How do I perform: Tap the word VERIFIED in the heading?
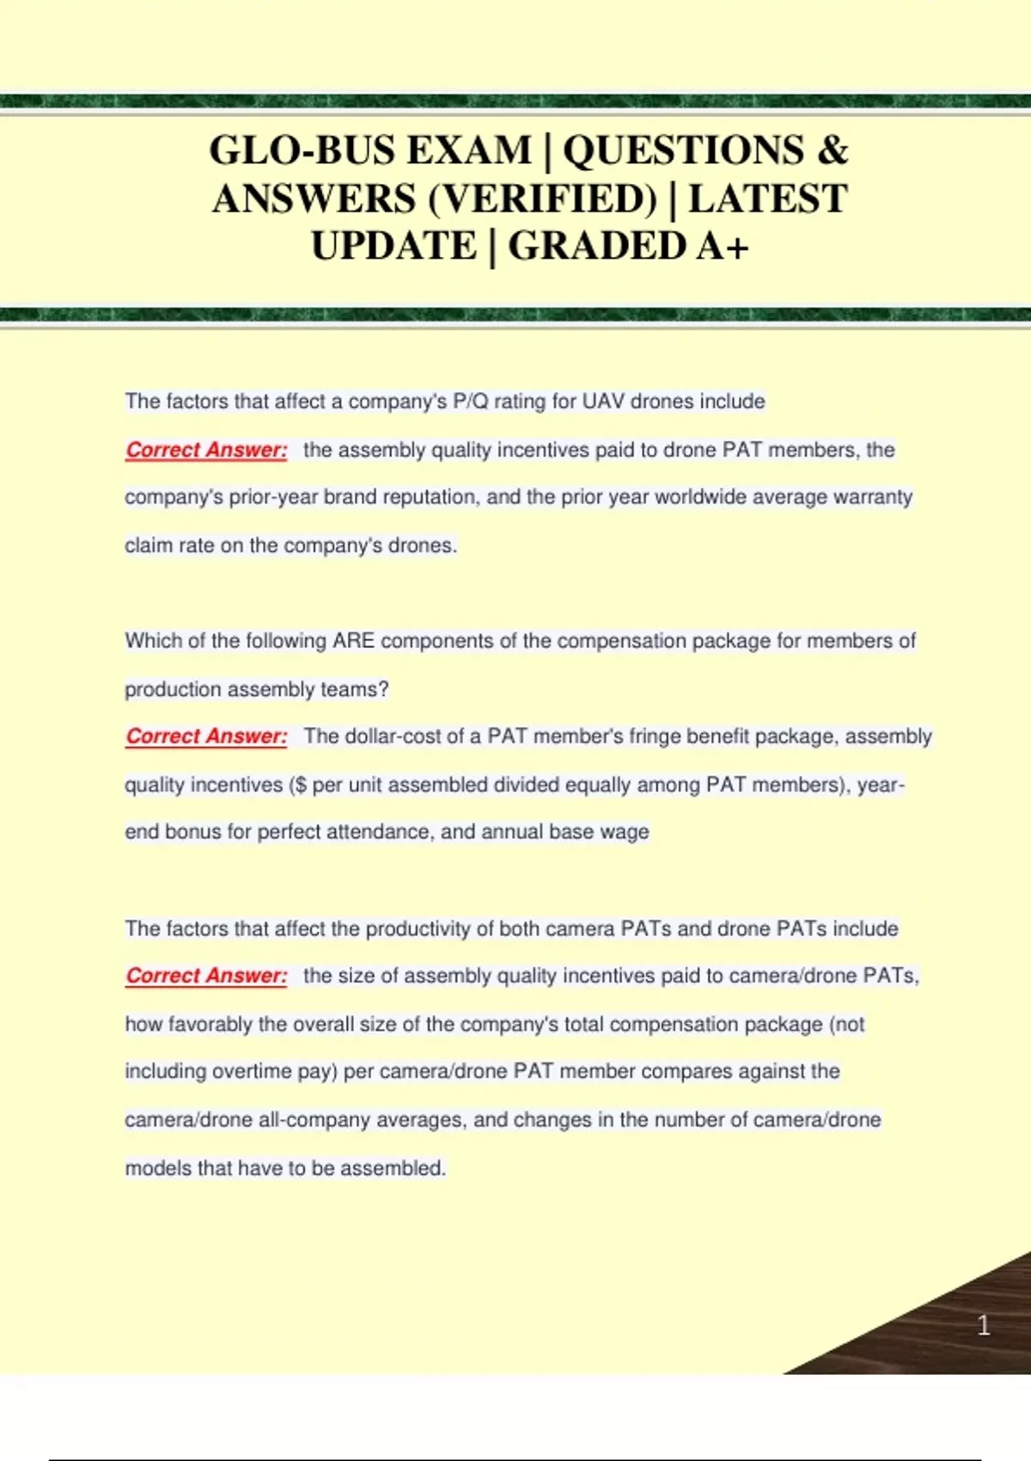(x=542, y=199)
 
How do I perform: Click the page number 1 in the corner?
(x=984, y=1325)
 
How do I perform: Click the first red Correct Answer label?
(x=206, y=449)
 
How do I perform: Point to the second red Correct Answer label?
(x=206, y=737)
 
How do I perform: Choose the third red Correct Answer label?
(x=206, y=975)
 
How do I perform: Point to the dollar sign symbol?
(x=301, y=785)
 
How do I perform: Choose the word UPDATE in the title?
(x=393, y=247)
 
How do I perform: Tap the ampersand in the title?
(x=832, y=150)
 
